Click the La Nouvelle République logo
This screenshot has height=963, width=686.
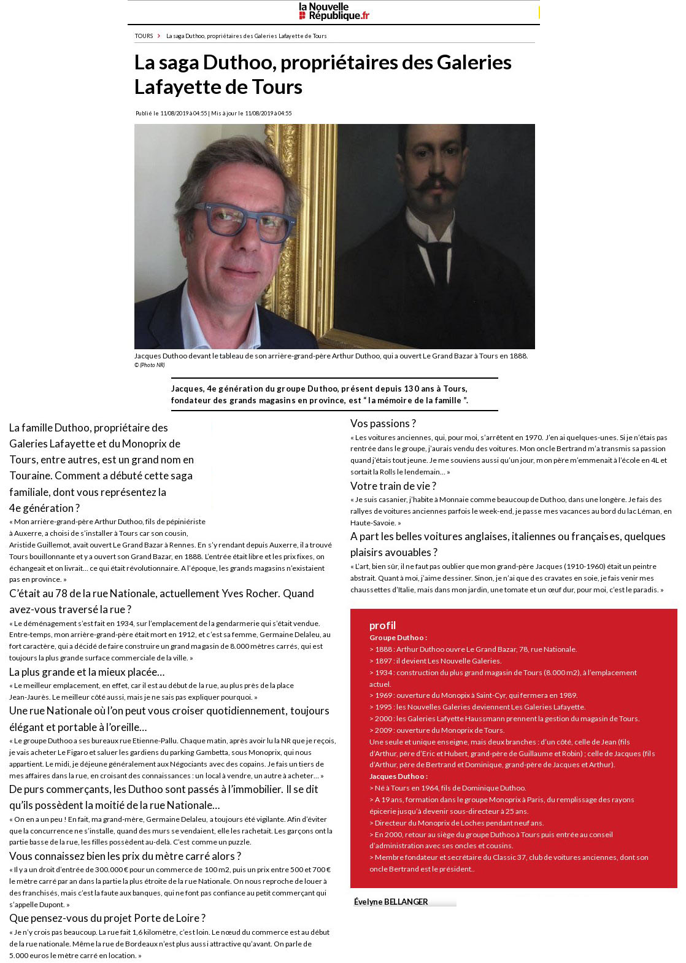tap(334, 12)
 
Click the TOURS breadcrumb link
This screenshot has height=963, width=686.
tap(144, 36)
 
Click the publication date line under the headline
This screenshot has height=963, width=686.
tap(214, 114)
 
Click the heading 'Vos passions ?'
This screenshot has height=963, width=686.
tap(383, 423)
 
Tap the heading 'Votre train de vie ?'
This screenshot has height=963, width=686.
tap(393, 486)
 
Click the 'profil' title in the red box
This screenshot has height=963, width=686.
tap(382, 625)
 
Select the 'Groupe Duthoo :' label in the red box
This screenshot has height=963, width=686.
tap(398, 638)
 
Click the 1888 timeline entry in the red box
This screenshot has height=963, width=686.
tap(473, 649)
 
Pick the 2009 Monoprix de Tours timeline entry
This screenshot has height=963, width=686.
tap(436, 730)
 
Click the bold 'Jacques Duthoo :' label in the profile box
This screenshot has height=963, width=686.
tap(398, 776)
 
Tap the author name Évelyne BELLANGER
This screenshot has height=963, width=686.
tap(391, 902)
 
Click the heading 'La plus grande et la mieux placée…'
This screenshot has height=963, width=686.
tap(87, 672)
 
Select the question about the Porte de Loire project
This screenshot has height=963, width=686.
tap(107, 918)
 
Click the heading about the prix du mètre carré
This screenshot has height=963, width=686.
tap(125, 856)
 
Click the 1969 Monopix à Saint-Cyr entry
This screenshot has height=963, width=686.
tap(473, 695)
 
